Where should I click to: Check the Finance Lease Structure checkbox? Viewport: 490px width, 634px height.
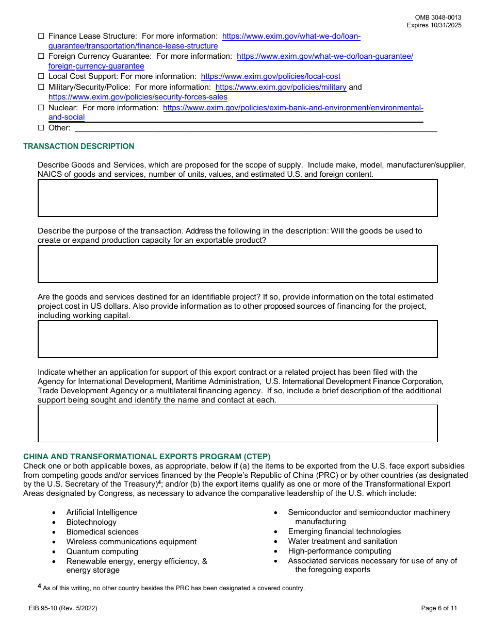click(41, 37)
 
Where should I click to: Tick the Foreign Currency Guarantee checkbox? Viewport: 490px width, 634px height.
click(41, 57)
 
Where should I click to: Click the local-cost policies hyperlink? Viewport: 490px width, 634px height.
click(270, 76)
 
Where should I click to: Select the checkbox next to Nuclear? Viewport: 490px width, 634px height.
click(41, 108)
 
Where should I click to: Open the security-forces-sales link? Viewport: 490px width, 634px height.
click(138, 97)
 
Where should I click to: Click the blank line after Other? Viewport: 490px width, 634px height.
click(255, 128)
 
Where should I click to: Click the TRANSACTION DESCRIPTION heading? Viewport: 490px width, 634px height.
click(78, 146)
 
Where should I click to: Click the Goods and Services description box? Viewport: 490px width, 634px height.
click(237, 198)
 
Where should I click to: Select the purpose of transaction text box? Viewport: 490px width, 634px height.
click(237, 264)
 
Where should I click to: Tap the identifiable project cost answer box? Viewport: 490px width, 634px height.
click(237, 339)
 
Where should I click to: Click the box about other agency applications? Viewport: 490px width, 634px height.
click(237, 423)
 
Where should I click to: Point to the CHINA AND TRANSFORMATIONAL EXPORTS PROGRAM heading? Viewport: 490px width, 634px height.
click(146, 457)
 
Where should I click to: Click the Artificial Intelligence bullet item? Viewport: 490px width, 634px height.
click(101, 512)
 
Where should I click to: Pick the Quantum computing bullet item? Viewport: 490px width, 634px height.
click(102, 552)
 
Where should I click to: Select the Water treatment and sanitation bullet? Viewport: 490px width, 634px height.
click(342, 541)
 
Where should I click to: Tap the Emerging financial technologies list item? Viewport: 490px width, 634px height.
click(344, 531)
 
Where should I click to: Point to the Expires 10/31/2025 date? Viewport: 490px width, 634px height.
click(434, 25)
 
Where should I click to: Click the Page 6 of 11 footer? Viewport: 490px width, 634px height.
click(439, 608)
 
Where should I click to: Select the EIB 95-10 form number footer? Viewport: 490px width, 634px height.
click(63, 608)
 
